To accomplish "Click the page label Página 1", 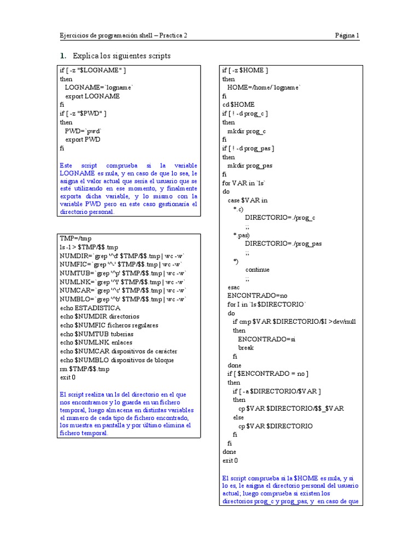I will (x=347, y=36).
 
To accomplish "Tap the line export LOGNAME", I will (x=92, y=96).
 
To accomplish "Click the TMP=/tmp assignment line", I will (x=75, y=239).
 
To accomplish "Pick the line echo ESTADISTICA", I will (x=90, y=308).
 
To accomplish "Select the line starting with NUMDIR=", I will (x=123, y=256).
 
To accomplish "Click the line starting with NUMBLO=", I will (x=123, y=299).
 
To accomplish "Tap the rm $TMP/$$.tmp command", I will (x=85, y=369).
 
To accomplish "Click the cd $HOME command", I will (x=238, y=104).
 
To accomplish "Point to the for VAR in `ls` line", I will (x=244, y=183).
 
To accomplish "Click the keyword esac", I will (x=234, y=287).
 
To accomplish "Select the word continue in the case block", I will (x=257, y=270).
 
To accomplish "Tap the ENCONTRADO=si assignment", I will (x=266, y=339).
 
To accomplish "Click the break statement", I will (x=246, y=348).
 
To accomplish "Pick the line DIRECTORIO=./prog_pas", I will (x=283, y=244).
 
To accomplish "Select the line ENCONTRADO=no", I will (x=257, y=296).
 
